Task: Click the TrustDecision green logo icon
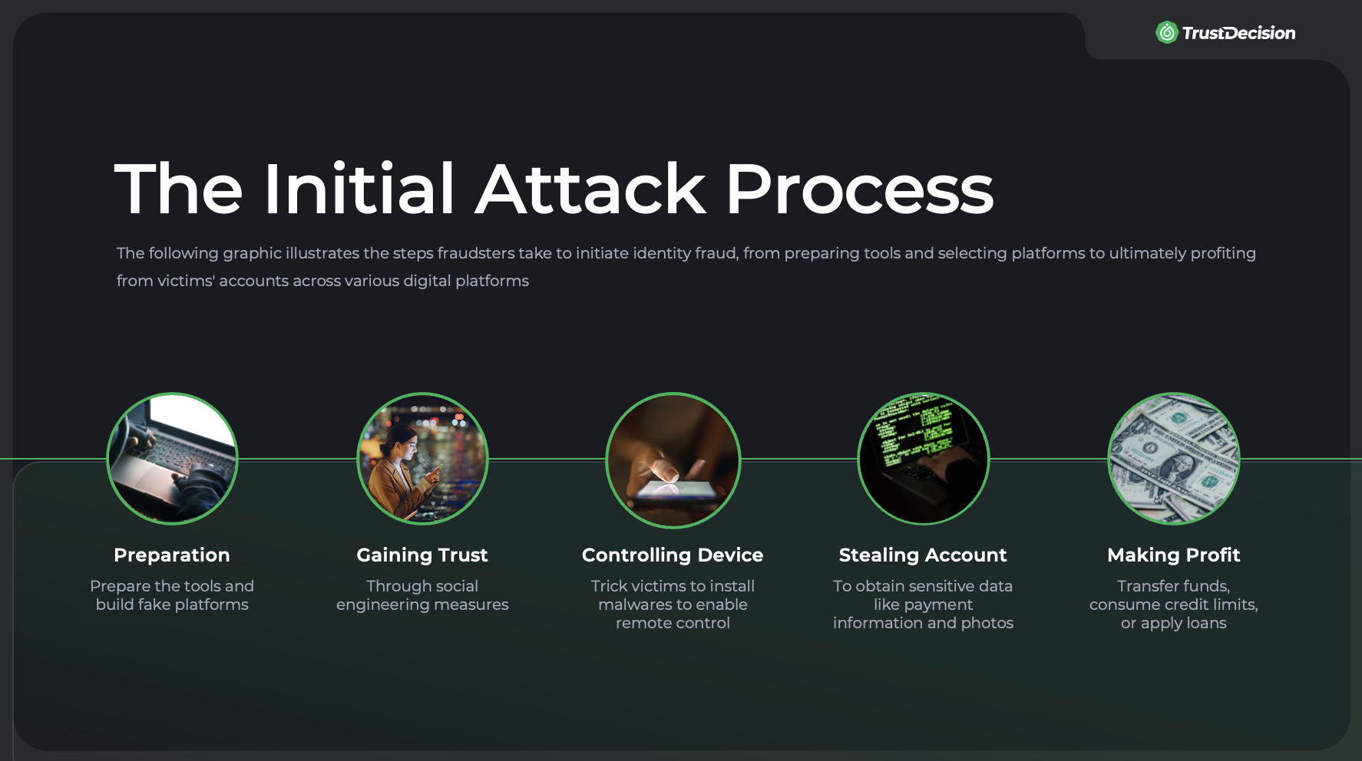(1166, 32)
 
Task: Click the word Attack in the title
(590, 189)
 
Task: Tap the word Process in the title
(859, 189)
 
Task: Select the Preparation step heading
(172, 555)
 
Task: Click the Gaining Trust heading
(422, 555)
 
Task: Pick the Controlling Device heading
(673, 555)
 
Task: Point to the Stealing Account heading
(923, 555)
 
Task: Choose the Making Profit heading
(1173, 555)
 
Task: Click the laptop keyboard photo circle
(172, 459)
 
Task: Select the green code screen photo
(923, 459)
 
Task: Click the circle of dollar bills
(1173, 459)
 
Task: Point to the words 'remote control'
(673, 623)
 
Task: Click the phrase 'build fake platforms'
(172, 605)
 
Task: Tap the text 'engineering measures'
(422, 605)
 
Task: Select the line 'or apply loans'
(1173, 623)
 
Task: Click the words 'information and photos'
(923, 623)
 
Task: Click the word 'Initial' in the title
(359, 189)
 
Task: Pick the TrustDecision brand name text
(1238, 33)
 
